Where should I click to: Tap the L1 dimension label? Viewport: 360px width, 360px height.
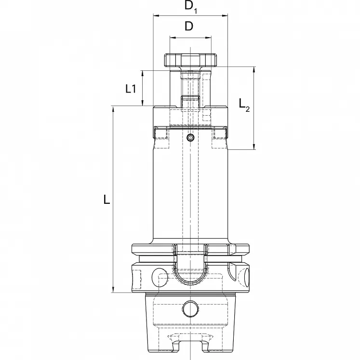point(131,88)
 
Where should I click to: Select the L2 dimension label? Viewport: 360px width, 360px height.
point(244,104)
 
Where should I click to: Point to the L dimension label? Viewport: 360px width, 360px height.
point(107,200)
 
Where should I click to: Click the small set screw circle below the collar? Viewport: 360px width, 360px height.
point(190,138)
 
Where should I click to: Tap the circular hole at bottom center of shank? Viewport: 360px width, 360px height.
point(190,307)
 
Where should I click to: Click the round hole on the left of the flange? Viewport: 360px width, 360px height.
point(159,277)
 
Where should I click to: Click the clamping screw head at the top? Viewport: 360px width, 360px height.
point(190,60)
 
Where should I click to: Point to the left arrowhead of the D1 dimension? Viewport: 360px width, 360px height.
point(156,16)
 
